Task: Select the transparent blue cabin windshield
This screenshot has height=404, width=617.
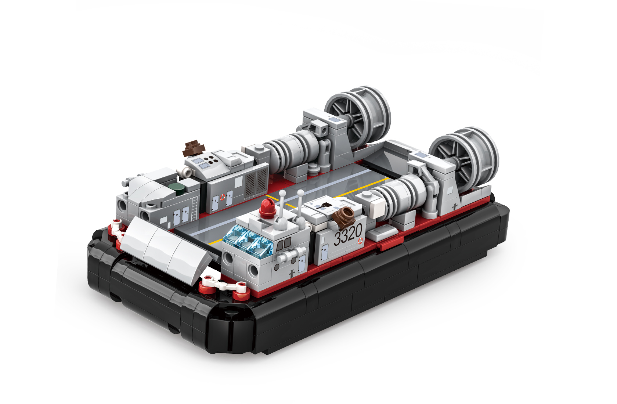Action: (x=248, y=242)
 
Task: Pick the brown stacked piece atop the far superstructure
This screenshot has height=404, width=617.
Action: (x=194, y=149)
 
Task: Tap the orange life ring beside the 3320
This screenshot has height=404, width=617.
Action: (x=360, y=241)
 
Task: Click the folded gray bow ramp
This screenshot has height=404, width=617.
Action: (x=165, y=246)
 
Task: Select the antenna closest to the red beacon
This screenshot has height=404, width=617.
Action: (x=282, y=209)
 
